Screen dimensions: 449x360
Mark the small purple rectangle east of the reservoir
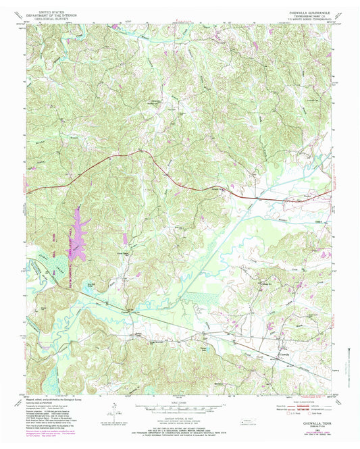[x=125, y=238]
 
